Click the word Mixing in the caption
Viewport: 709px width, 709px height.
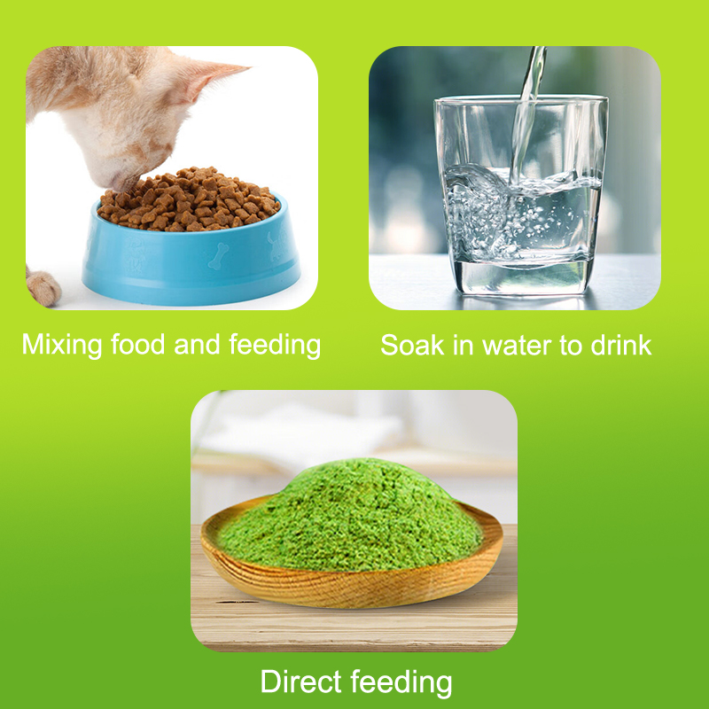tap(62, 346)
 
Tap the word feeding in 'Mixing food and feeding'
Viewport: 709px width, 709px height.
tap(275, 346)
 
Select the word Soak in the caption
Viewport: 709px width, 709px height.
tap(412, 346)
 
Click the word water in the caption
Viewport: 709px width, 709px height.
tap(518, 347)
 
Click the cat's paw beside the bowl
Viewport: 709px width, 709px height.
tap(43, 287)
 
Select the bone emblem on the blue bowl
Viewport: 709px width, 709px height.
tap(218, 256)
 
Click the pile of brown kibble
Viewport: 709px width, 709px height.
tap(189, 200)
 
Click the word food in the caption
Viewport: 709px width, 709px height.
tap(138, 344)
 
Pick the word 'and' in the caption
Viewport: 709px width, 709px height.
tap(197, 345)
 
